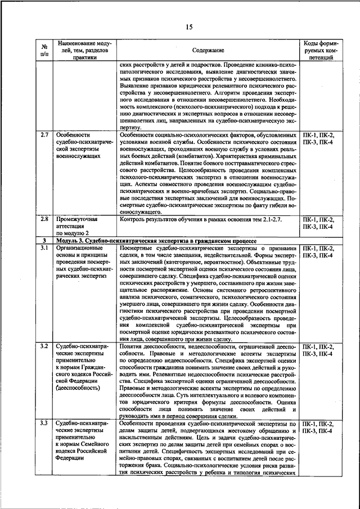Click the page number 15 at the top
pyautogui.click(x=188, y=27)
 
